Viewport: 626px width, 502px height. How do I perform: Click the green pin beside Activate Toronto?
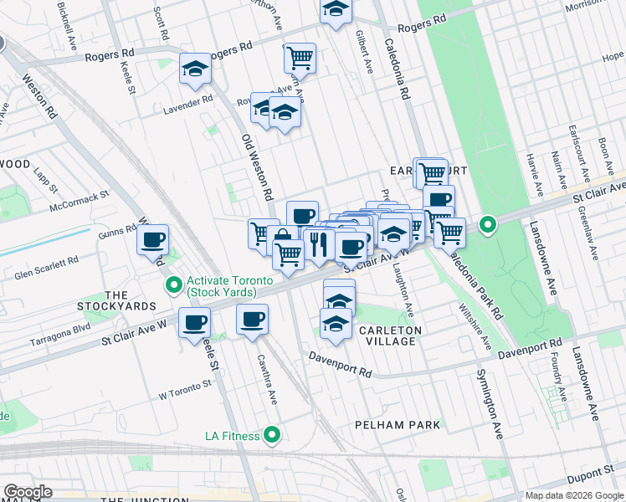coord(174,286)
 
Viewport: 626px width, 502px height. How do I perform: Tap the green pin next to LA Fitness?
coord(271,435)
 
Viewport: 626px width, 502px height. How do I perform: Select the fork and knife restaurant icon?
coord(318,243)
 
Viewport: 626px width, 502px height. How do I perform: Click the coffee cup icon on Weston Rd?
coord(152,240)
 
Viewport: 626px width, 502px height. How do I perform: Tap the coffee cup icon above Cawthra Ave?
coord(252,319)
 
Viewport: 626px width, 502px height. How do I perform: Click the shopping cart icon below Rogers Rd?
coord(300,58)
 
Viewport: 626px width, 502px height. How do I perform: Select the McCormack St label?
coord(80,200)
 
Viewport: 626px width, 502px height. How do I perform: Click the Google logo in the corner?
coord(28,492)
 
